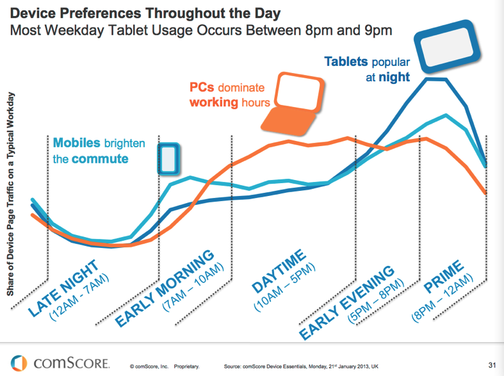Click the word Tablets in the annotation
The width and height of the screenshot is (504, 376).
[346, 62]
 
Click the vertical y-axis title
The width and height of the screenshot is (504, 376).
[11, 195]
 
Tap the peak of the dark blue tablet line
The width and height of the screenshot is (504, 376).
[435, 79]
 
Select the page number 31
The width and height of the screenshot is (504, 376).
[492, 365]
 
